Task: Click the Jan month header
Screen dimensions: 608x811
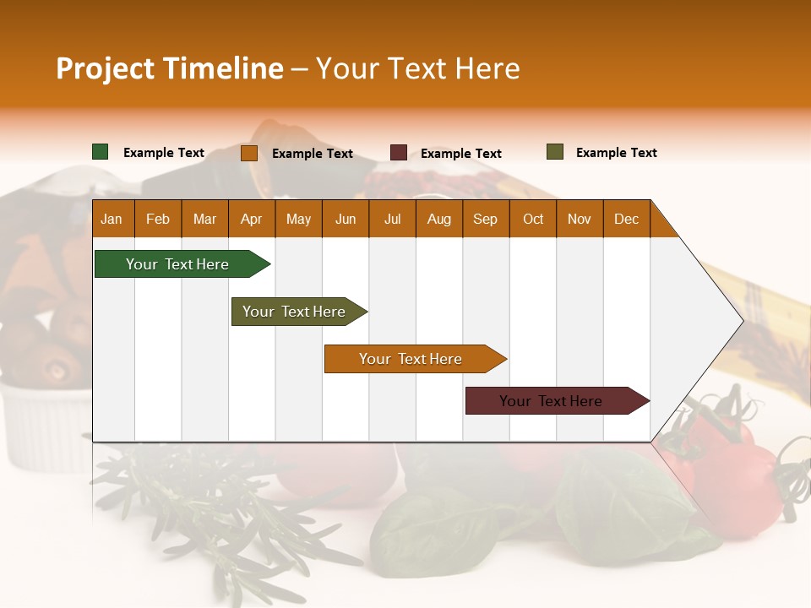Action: click(x=112, y=219)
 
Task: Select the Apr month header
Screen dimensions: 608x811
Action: click(x=252, y=219)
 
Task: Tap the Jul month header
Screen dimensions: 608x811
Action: click(x=393, y=219)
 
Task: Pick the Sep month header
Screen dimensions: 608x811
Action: click(x=486, y=219)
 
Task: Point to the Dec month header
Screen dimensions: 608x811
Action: click(x=627, y=219)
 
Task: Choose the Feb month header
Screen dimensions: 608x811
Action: click(x=158, y=219)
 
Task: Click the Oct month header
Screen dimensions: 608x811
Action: click(x=533, y=219)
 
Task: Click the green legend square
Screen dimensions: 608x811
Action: click(x=101, y=152)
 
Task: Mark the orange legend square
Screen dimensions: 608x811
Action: click(x=249, y=153)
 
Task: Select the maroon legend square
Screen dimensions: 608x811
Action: click(x=399, y=153)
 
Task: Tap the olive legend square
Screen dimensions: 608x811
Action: click(x=555, y=152)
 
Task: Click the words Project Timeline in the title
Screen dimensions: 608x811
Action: click(x=169, y=68)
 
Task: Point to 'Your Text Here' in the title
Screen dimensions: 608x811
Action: click(x=418, y=68)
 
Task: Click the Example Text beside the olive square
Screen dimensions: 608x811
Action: click(x=616, y=153)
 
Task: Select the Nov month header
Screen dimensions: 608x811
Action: click(x=580, y=219)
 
